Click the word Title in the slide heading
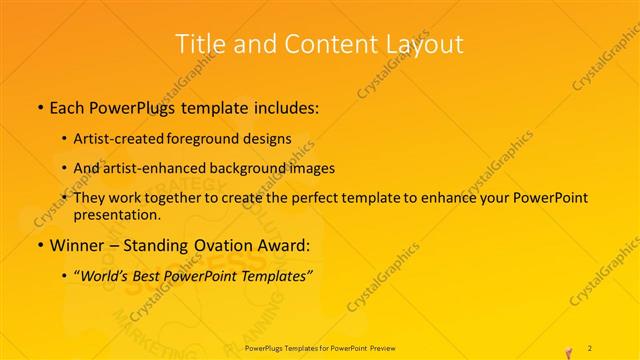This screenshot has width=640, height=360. tap(199, 44)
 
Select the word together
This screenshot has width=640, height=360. tap(179, 198)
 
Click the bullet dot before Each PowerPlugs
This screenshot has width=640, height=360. tap(38, 106)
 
